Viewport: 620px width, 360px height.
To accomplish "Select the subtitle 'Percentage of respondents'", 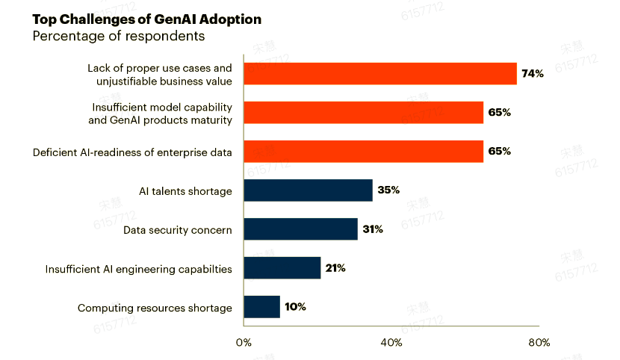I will click(118, 36).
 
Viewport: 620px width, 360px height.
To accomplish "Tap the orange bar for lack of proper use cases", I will click(380, 74).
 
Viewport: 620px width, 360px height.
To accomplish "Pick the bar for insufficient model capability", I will click(364, 113).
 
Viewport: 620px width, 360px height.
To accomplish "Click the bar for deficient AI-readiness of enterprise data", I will click(364, 152).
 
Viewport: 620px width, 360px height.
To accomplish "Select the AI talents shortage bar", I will click(308, 190).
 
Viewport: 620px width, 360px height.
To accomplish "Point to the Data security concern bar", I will click(300, 229).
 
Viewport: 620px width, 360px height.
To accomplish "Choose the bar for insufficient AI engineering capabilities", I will click(282, 268).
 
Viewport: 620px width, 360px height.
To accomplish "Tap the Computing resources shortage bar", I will click(262, 307).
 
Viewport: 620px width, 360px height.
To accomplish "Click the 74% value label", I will click(533, 74).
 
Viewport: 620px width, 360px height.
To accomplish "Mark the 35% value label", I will click(388, 190).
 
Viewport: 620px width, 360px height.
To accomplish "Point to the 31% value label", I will click(373, 229).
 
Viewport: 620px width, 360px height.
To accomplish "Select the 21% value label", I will click(335, 268).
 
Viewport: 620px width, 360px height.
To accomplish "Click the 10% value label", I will click(295, 307).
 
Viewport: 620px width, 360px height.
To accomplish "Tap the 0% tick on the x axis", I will click(244, 343).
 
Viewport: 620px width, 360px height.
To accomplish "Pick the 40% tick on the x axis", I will click(391, 343).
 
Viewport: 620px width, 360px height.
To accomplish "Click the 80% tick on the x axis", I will click(539, 343).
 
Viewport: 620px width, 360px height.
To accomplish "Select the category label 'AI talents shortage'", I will click(185, 191).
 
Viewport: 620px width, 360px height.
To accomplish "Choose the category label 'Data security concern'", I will click(178, 230).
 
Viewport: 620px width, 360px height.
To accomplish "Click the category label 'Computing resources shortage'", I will click(155, 308).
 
